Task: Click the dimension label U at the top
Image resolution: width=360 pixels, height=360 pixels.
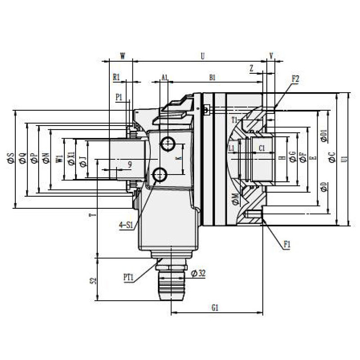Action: coord(202,56)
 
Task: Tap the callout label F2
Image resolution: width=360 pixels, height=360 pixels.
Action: coord(296,78)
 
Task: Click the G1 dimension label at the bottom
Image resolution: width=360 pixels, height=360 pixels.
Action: coord(215,308)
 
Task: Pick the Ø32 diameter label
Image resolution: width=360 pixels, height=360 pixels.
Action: coord(198,273)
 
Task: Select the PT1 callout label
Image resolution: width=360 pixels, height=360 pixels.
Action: coord(129,277)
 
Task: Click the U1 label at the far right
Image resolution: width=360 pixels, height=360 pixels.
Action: coord(344,159)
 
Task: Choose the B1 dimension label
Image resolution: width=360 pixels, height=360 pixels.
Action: coord(213,77)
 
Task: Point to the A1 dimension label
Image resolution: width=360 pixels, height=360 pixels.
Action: coord(165,77)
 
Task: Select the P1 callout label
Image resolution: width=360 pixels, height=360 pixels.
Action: coord(119,97)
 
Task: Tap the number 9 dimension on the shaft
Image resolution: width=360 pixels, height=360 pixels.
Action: coord(130,165)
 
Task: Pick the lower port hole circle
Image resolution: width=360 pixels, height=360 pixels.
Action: coord(160,174)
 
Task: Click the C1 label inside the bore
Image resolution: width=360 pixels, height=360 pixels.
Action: coord(262,148)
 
